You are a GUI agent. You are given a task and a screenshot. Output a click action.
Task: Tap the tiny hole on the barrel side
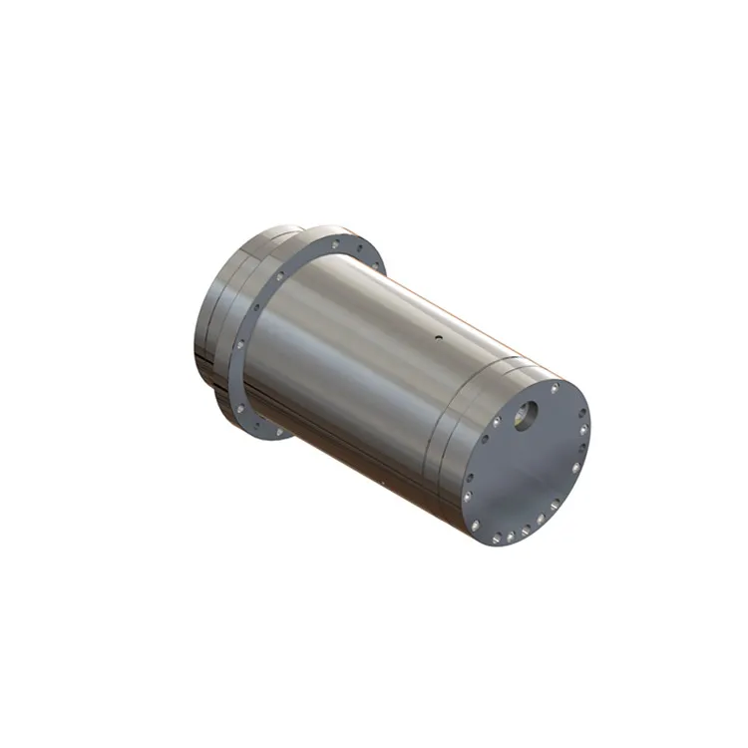[x=436, y=338]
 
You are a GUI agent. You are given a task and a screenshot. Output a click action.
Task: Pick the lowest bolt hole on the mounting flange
[x=261, y=430]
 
